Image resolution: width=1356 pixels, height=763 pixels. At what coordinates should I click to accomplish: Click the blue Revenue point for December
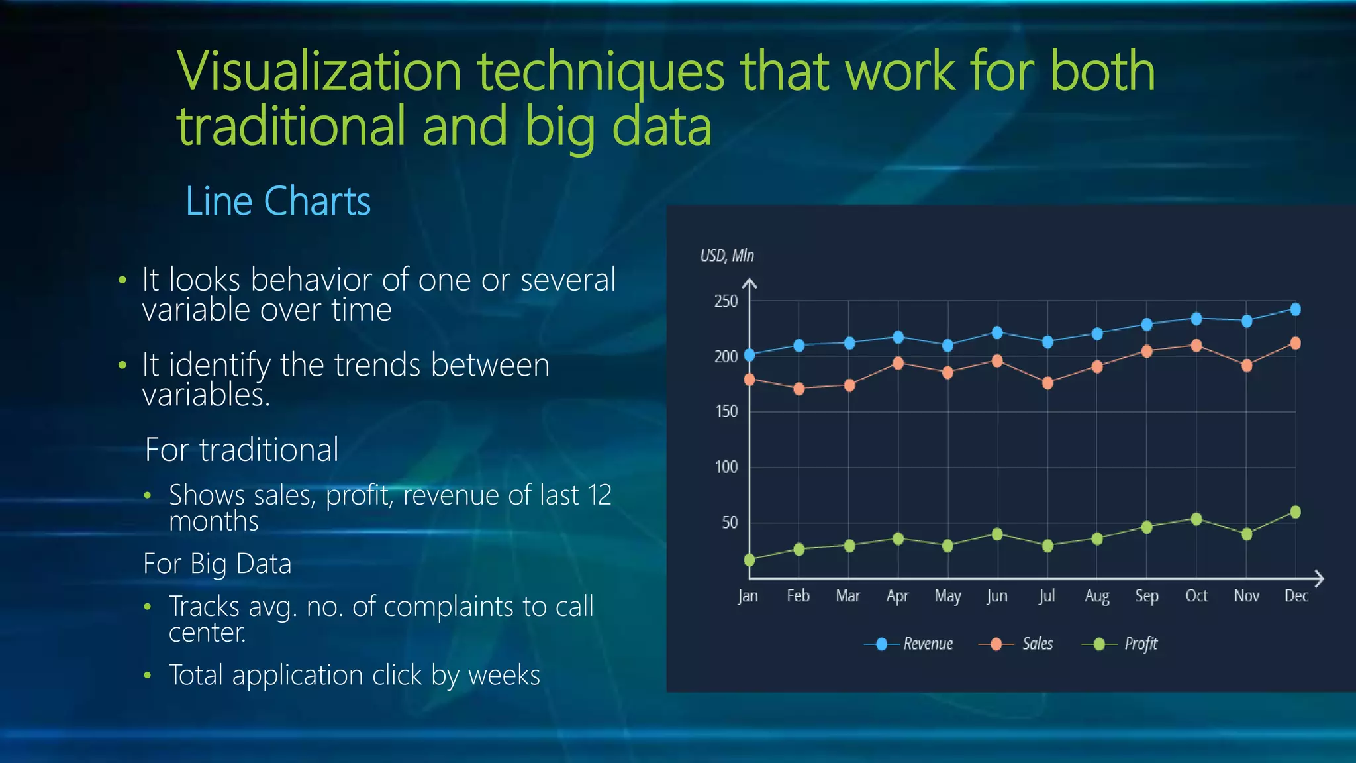click(1296, 309)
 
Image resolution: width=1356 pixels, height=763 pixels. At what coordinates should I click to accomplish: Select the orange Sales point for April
click(898, 363)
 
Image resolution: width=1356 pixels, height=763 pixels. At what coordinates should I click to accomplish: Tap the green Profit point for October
click(1196, 519)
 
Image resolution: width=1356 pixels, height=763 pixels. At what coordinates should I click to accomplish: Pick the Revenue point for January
click(750, 355)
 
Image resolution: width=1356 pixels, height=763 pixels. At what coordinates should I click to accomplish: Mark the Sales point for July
click(1047, 383)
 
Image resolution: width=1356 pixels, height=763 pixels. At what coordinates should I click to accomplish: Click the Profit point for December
click(1296, 512)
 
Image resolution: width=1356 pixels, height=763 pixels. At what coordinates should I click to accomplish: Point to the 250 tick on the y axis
click(726, 301)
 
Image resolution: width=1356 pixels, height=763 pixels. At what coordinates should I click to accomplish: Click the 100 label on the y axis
click(726, 467)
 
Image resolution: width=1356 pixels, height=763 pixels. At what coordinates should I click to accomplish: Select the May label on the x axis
click(947, 596)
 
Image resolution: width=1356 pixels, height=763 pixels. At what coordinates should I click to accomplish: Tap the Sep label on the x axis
click(1147, 596)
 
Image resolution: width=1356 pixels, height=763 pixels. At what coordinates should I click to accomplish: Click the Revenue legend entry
click(928, 644)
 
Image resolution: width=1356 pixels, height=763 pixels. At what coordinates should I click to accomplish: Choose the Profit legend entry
click(1140, 644)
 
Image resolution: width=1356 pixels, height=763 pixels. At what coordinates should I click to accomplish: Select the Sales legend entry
click(1037, 644)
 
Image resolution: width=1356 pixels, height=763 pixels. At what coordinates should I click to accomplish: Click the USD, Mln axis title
click(727, 256)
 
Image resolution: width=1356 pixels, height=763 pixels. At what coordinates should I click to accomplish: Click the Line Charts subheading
click(278, 201)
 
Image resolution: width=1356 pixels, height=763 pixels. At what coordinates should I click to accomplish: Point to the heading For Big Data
click(217, 564)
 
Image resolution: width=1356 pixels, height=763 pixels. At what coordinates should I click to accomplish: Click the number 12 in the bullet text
click(599, 495)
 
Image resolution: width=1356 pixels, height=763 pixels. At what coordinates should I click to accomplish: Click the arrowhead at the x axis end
click(1318, 579)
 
